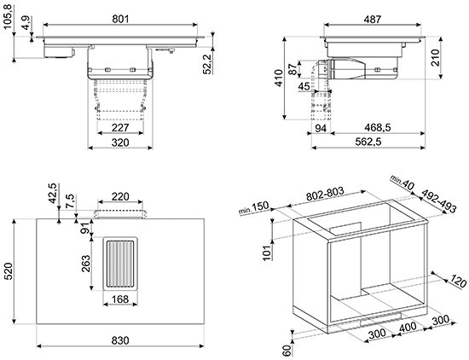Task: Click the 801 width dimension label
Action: point(120,19)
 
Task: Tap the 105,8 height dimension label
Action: point(9,17)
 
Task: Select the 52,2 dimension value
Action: point(207,64)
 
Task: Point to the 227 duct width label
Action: point(120,128)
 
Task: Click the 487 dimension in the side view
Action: point(373,19)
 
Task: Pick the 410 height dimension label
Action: point(279,78)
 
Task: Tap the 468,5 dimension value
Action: point(378,127)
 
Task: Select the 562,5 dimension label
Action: point(368,142)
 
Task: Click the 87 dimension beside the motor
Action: point(294,68)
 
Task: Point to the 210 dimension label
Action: point(435,57)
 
